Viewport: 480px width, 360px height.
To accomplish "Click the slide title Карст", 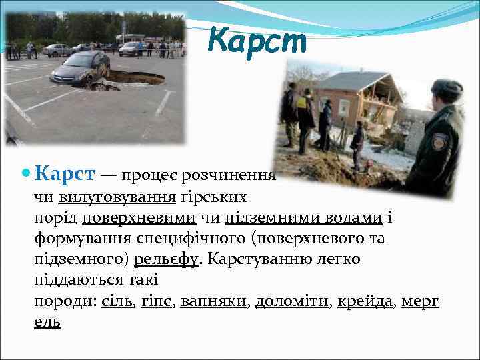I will [x=257, y=41].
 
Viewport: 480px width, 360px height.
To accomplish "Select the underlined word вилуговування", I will [x=117, y=197].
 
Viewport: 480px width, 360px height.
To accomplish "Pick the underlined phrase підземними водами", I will [x=303, y=217].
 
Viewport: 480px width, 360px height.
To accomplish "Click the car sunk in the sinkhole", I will [x=80, y=70].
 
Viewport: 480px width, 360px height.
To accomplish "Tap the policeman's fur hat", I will [x=446, y=88].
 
